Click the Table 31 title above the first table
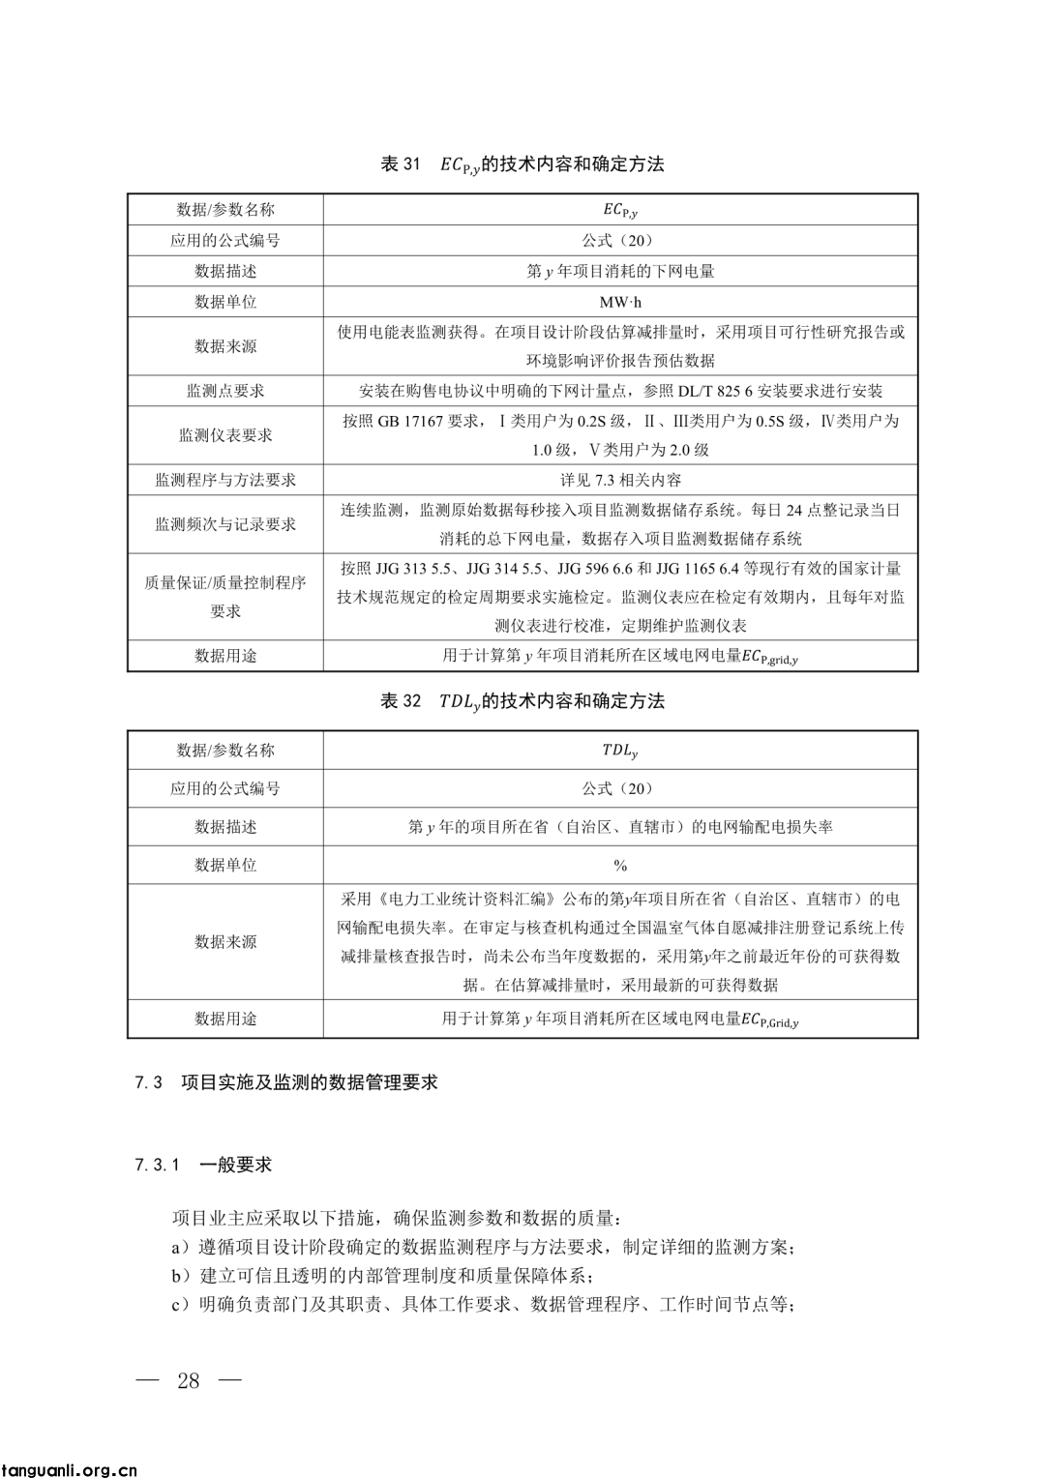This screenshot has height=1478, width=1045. click(522, 164)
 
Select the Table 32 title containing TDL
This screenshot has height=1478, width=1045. click(522, 701)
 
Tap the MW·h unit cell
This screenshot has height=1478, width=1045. click(620, 302)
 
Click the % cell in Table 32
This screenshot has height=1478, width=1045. click(620, 865)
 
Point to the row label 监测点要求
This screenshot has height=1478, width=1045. click(225, 391)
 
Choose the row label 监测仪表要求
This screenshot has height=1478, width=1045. click(225, 435)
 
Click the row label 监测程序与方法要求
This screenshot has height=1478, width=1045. click(225, 480)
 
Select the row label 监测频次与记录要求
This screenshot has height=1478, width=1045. click(225, 524)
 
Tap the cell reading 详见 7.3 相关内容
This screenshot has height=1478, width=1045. click(620, 480)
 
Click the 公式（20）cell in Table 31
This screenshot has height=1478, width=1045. click(620, 241)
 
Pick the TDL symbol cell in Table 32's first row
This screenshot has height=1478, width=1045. click(620, 751)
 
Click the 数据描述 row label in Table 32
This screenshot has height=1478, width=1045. click(225, 827)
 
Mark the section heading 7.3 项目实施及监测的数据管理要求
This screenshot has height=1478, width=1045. click(287, 1082)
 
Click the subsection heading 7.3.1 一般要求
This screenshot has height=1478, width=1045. click(204, 1165)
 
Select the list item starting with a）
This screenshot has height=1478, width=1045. click(484, 1247)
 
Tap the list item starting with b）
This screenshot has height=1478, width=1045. click(382, 1276)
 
